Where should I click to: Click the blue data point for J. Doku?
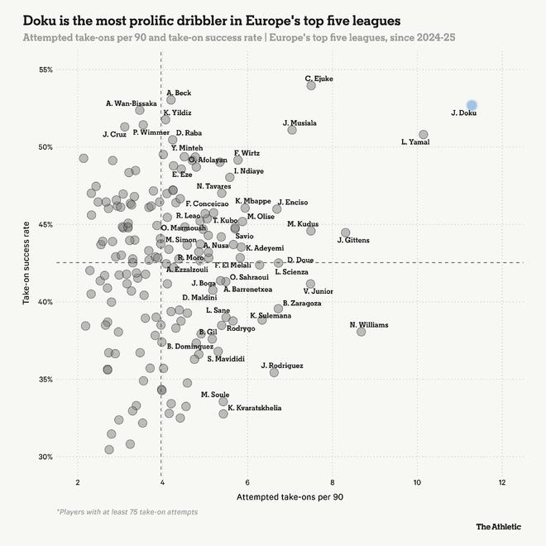[x=472, y=105]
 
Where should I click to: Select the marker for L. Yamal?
[x=424, y=134]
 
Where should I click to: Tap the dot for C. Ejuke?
[x=311, y=85]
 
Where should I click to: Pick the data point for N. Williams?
[x=361, y=331]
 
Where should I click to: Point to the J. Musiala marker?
[x=292, y=130]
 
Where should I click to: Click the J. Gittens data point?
[x=345, y=232]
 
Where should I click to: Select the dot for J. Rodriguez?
[x=274, y=372]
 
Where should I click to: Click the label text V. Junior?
[x=318, y=291]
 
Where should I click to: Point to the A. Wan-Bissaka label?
[x=131, y=103]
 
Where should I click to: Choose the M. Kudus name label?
[x=303, y=224]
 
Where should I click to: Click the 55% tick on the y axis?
[x=45, y=69]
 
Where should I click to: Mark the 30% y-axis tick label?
[x=45, y=457]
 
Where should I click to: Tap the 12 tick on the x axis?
[x=502, y=482]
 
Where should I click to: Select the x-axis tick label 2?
[x=78, y=482]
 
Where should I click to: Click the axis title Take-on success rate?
[x=27, y=263]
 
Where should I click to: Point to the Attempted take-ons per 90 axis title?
[x=290, y=497]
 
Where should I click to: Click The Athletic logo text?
[x=499, y=526]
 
